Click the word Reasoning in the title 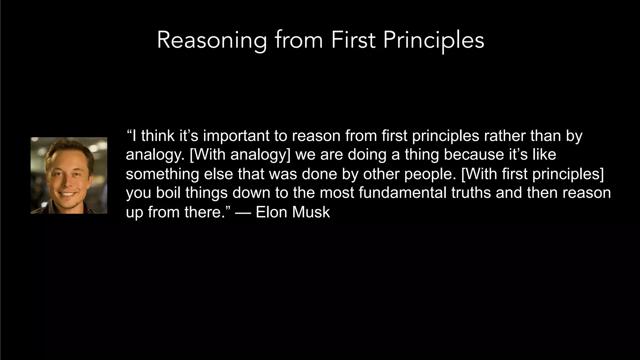point(212,41)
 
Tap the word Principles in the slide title point(433,41)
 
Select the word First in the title point(353,41)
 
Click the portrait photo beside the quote point(69,175)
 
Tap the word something point(162,174)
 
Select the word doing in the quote point(367,155)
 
